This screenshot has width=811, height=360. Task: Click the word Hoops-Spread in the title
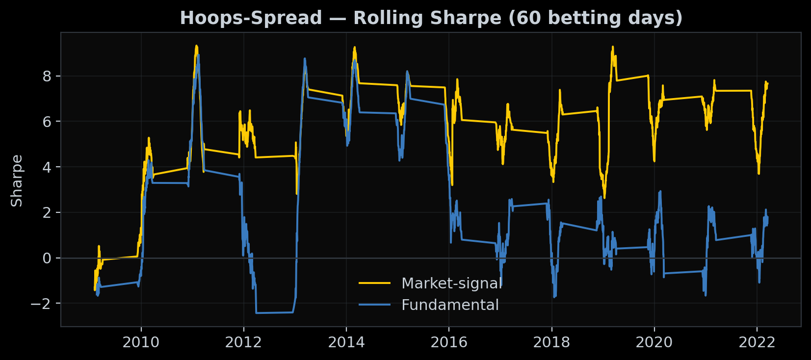(x=251, y=18)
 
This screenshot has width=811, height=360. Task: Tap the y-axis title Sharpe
(x=17, y=180)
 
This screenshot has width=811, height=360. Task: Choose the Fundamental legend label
(x=450, y=305)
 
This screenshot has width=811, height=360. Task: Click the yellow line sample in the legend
(x=375, y=283)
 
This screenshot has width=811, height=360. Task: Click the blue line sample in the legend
(x=375, y=305)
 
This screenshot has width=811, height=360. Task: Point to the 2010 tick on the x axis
(x=141, y=342)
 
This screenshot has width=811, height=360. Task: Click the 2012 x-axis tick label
(x=243, y=342)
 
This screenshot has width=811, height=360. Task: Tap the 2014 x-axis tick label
(x=346, y=342)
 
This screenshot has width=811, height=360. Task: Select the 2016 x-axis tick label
(x=449, y=342)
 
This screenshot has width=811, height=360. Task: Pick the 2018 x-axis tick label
(x=551, y=342)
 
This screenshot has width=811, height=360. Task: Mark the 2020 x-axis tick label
(x=654, y=342)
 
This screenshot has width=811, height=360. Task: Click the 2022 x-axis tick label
(x=757, y=342)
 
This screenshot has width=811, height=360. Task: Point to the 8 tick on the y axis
(x=47, y=76)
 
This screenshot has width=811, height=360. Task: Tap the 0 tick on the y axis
(x=47, y=258)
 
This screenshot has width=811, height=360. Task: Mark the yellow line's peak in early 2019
(x=612, y=47)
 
